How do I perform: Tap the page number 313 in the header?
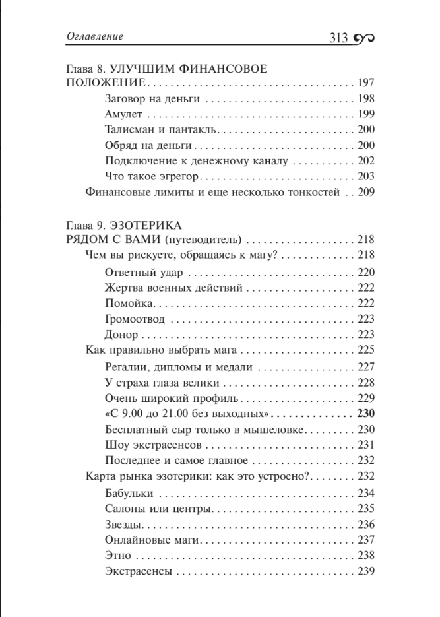point(338,38)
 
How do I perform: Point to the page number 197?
point(365,84)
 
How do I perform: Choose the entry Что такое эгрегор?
point(152,177)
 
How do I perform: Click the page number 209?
point(365,193)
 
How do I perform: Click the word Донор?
point(121,335)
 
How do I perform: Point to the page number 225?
point(365,350)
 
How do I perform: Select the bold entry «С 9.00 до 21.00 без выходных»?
point(188,414)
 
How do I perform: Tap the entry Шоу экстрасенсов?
point(148,445)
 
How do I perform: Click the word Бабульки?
point(129,493)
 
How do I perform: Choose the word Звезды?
point(124,525)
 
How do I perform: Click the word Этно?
point(118,556)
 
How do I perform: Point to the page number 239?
point(365,571)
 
